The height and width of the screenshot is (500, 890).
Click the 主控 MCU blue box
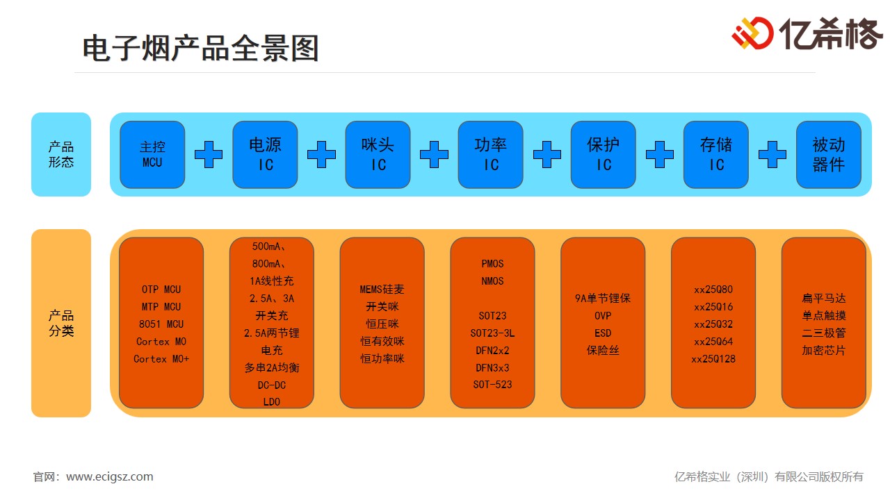click(x=152, y=155)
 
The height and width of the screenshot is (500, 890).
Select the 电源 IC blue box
click(x=265, y=155)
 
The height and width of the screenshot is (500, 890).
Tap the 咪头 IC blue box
click(x=378, y=155)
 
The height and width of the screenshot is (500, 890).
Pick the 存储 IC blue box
click(x=716, y=155)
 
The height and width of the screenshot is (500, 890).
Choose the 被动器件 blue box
click(x=829, y=155)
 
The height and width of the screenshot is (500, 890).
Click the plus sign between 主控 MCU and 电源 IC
click(x=209, y=154)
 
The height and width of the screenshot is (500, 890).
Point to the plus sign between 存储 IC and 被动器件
click(x=772, y=154)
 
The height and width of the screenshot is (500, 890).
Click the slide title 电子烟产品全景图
click(x=200, y=49)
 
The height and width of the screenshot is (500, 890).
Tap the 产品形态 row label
click(x=61, y=154)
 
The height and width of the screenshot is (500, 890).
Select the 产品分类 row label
click(x=61, y=323)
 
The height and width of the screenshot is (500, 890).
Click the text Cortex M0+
click(x=161, y=359)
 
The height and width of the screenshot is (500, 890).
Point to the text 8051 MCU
click(x=161, y=324)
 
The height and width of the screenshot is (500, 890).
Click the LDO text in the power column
click(x=271, y=402)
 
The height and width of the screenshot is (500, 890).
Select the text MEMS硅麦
click(x=382, y=290)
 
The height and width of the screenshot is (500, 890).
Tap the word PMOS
click(x=492, y=264)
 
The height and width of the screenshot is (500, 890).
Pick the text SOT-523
click(x=492, y=385)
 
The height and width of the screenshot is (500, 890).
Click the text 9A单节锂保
click(x=603, y=299)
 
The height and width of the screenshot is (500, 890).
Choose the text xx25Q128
click(x=713, y=359)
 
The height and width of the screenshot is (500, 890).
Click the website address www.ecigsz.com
click(x=110, y=477)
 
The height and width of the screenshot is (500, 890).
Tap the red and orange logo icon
click(x=752, y=33)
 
